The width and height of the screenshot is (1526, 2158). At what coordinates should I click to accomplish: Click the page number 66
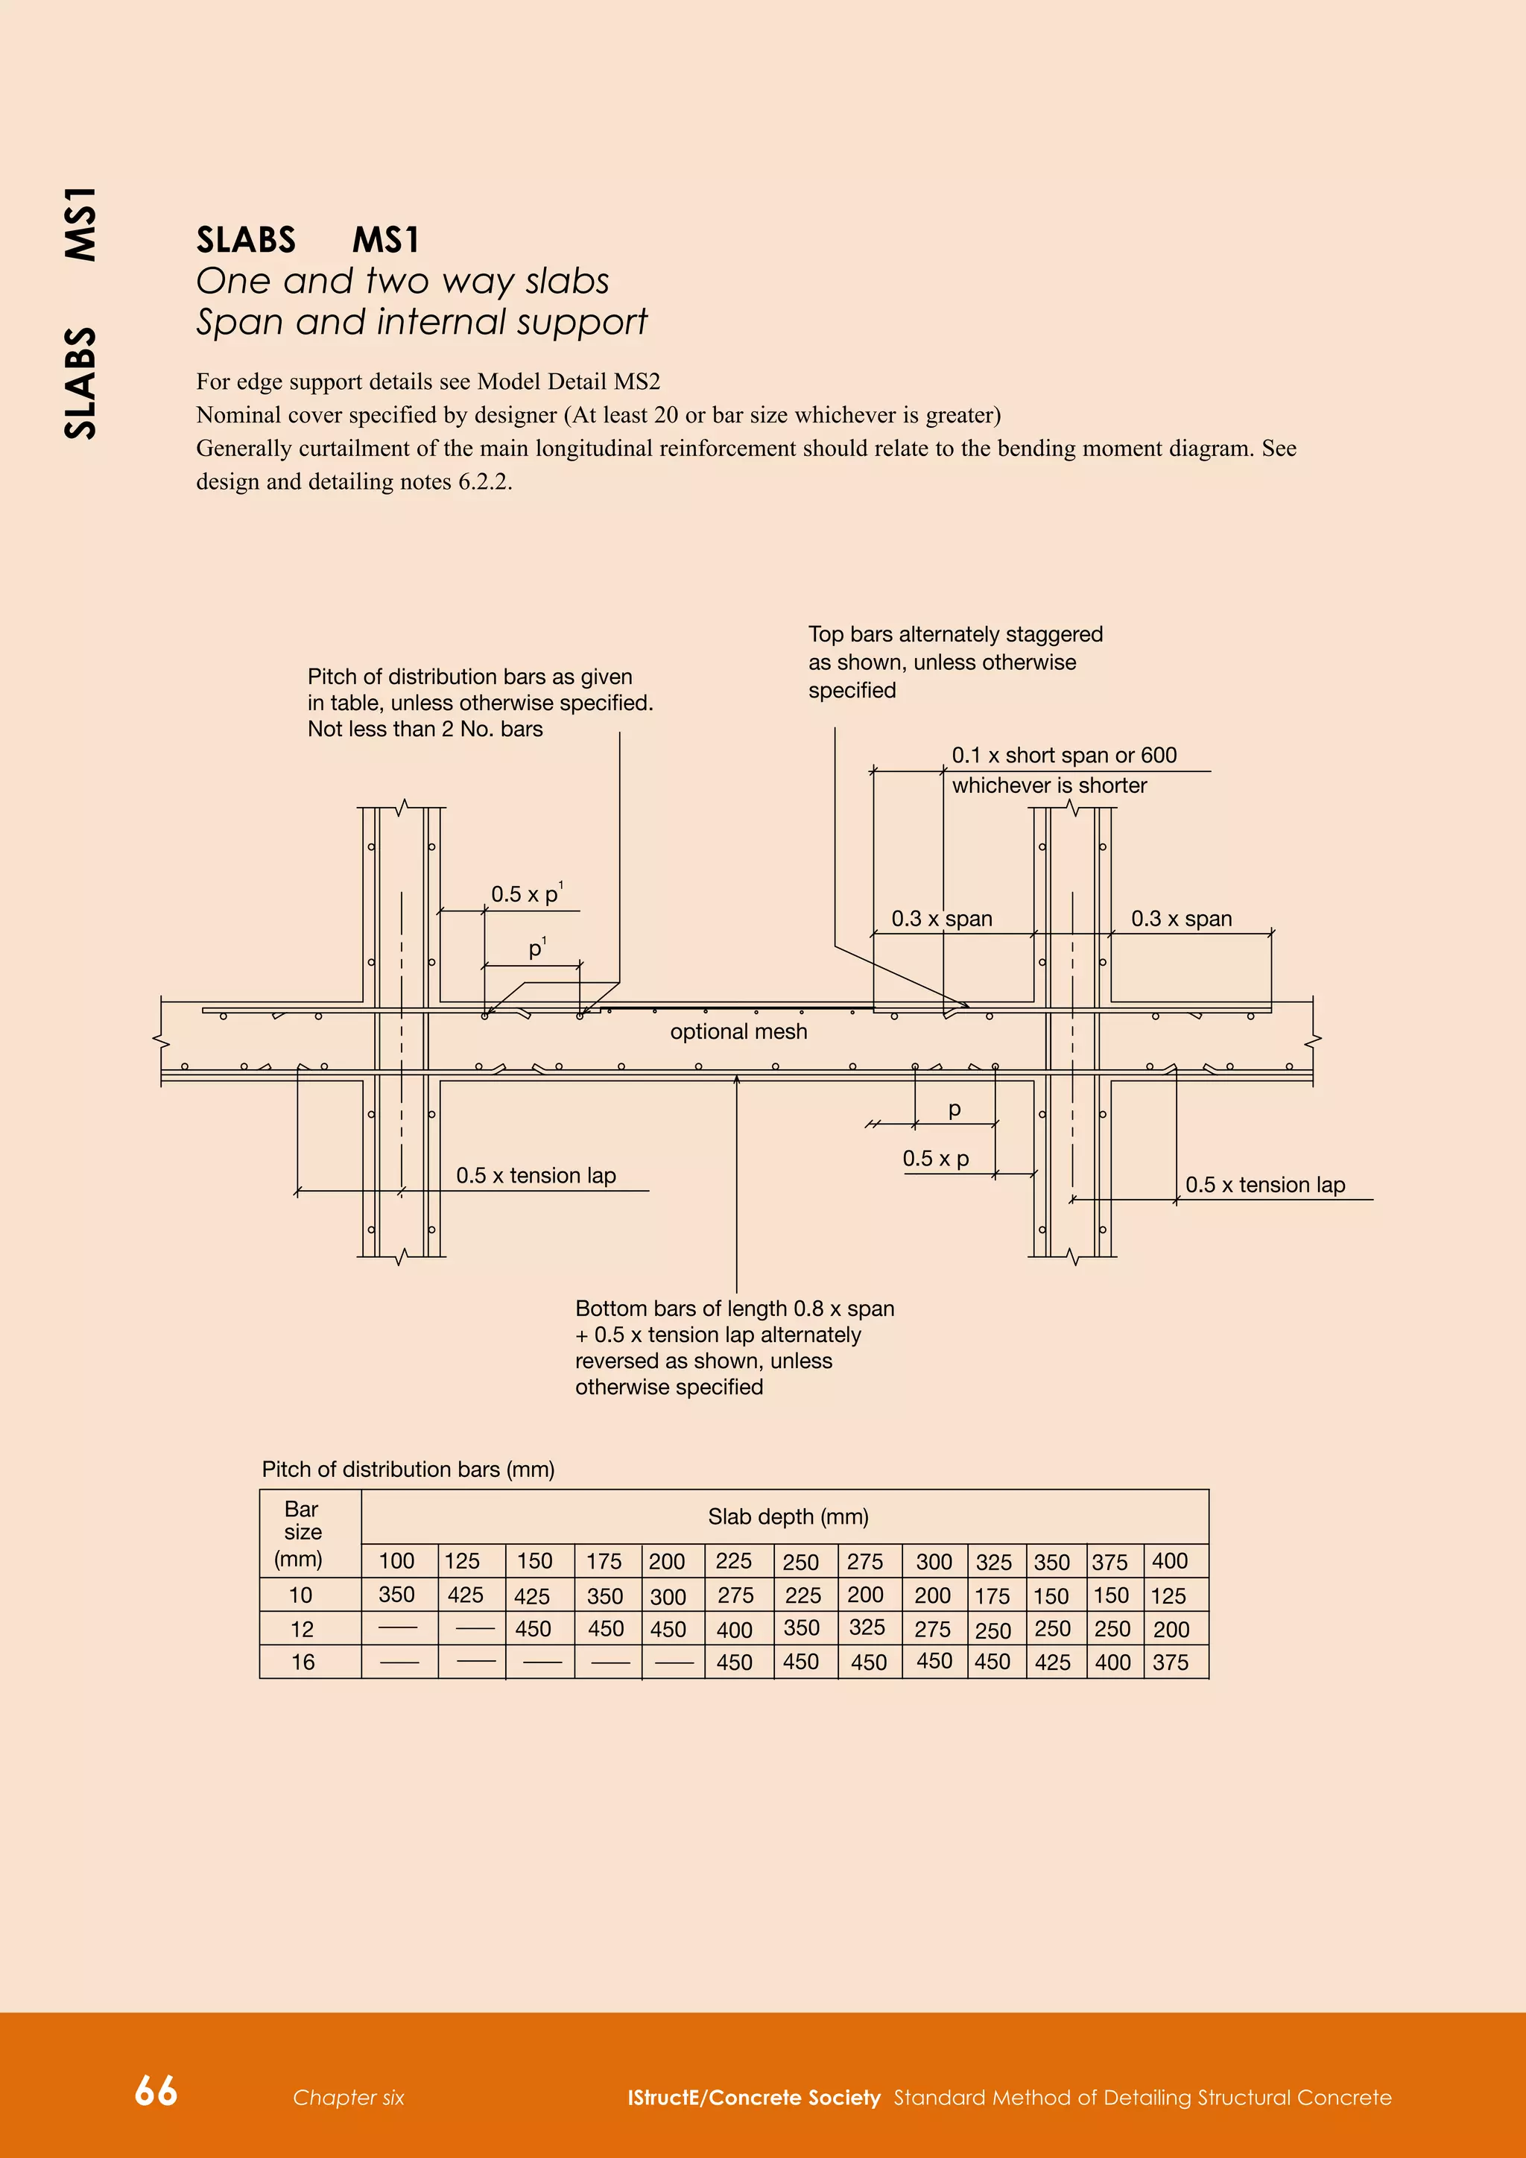click(x=156, y=2090)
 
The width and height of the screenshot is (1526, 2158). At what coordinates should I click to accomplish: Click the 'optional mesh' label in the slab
click(x=738, y=1032)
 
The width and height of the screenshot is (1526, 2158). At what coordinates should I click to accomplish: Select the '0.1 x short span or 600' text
click(x=1064, y=756)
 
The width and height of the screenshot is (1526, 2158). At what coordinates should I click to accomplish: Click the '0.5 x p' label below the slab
click(x=935, y=1159)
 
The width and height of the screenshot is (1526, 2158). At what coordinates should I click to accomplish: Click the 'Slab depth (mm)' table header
click(x=788, y=1516)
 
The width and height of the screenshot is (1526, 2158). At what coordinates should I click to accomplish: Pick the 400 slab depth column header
click(x=1170, y=1561)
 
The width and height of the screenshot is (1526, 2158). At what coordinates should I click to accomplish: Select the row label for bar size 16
click(x=303, y=1662)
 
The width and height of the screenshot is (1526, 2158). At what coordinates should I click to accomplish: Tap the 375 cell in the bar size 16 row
click(x=1170, y=1662)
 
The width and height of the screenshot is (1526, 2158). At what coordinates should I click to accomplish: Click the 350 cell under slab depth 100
click(x=396, y=1594)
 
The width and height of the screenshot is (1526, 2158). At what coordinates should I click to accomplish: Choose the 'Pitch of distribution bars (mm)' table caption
click(x=408, y=1469)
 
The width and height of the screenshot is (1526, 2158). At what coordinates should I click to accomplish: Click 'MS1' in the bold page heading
click(x=385, y=241)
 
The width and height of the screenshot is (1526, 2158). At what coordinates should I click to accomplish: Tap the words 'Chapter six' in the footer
click(x=348, y=2098)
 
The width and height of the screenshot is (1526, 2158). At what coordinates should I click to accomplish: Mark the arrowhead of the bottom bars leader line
click(x=737, y=1080)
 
